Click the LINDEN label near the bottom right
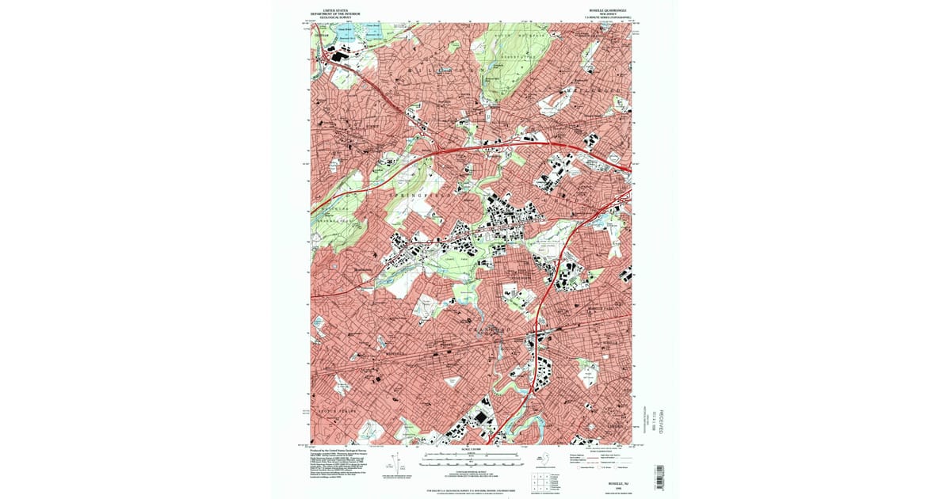point(616,427)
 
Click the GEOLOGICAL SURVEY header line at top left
point(335,17)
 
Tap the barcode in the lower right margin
point(658,475)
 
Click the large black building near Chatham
point(339,55)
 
